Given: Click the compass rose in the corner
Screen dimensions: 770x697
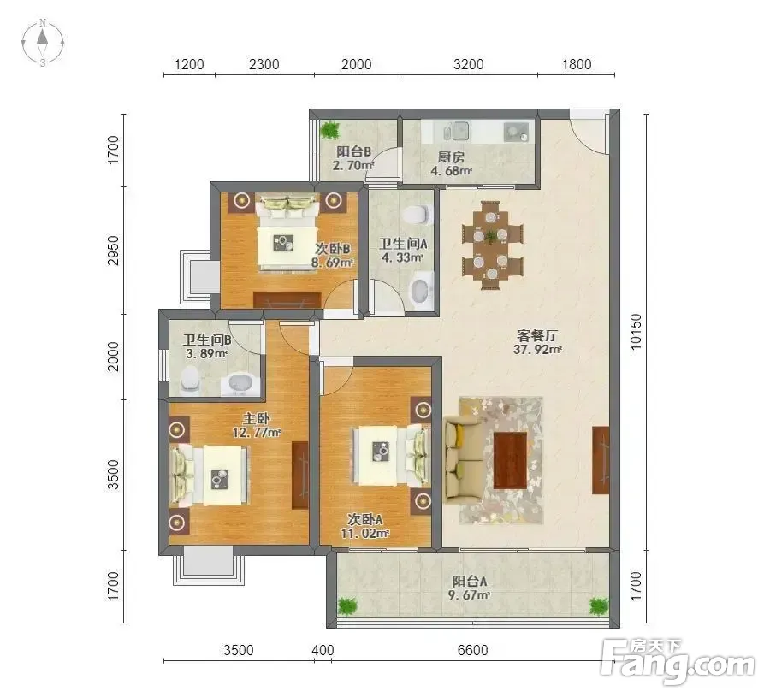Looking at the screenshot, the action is [x=43, y=43].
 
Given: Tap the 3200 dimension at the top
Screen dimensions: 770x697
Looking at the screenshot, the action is [x=469, y=64].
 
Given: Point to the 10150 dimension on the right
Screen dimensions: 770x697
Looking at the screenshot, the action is [x=636, y=332].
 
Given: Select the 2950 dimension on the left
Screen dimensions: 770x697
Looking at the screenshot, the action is [x=114, y=251].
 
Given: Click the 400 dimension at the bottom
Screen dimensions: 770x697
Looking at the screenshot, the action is [x=323, y=650].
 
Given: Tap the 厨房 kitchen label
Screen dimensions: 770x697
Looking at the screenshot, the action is [x=451, y=157].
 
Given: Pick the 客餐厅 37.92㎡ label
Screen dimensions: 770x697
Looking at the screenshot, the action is [x=538, y=343].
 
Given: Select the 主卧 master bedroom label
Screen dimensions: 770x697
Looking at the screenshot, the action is [x=257, y=419].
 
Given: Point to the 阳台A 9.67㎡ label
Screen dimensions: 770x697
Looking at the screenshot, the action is [x=470, y=588].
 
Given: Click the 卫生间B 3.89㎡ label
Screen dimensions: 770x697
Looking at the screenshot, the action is [x=207, y=346].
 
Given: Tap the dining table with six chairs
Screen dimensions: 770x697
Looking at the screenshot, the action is [x=492, y=244].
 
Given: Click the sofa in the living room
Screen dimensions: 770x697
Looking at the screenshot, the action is [x=463, y=460].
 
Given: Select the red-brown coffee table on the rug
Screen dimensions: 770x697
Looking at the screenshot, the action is [x=511, y=460].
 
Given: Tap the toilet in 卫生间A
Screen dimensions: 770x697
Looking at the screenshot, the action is [x=418, y=215].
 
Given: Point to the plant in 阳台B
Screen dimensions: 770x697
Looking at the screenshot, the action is [x=330, y=131].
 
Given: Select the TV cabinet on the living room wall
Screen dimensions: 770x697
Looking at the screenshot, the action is [x=601, y=460].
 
